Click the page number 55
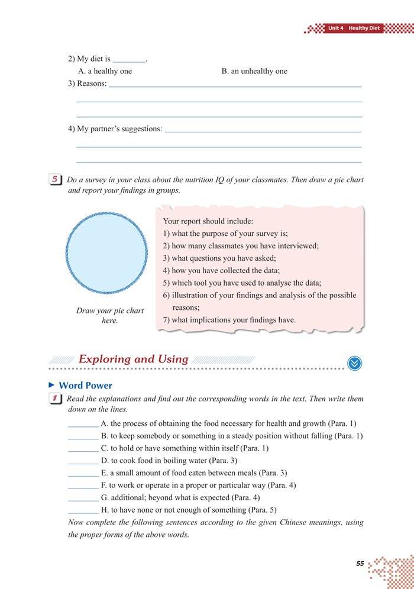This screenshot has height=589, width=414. click(x=360, y=564)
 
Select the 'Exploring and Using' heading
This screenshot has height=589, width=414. click(x=133, y=359)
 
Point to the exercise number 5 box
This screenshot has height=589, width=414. click(x=56, y=180)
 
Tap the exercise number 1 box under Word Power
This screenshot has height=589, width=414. click(x=56, y=399)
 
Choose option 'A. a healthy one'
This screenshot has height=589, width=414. click(x=105, y=71)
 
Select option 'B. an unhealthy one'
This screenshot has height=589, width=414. click(x=254, y=71)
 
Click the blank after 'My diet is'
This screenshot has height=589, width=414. click(x=128, y=59)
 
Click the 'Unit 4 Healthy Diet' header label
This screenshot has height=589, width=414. click(x=355, y=28)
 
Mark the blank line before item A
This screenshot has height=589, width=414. click(x=83, y=423)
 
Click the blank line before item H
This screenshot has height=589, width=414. click(x=83, y=510)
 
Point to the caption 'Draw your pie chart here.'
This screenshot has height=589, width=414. click(x=110, y=315)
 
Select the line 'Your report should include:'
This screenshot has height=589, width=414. click(x=208, y=221)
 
